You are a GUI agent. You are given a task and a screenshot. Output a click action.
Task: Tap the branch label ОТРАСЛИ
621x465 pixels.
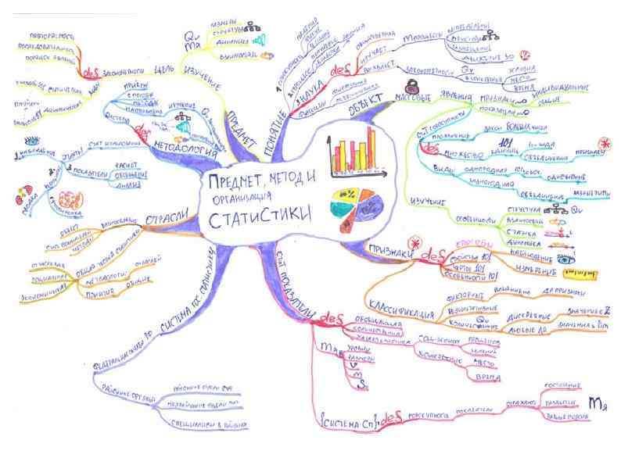pos(165,216)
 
